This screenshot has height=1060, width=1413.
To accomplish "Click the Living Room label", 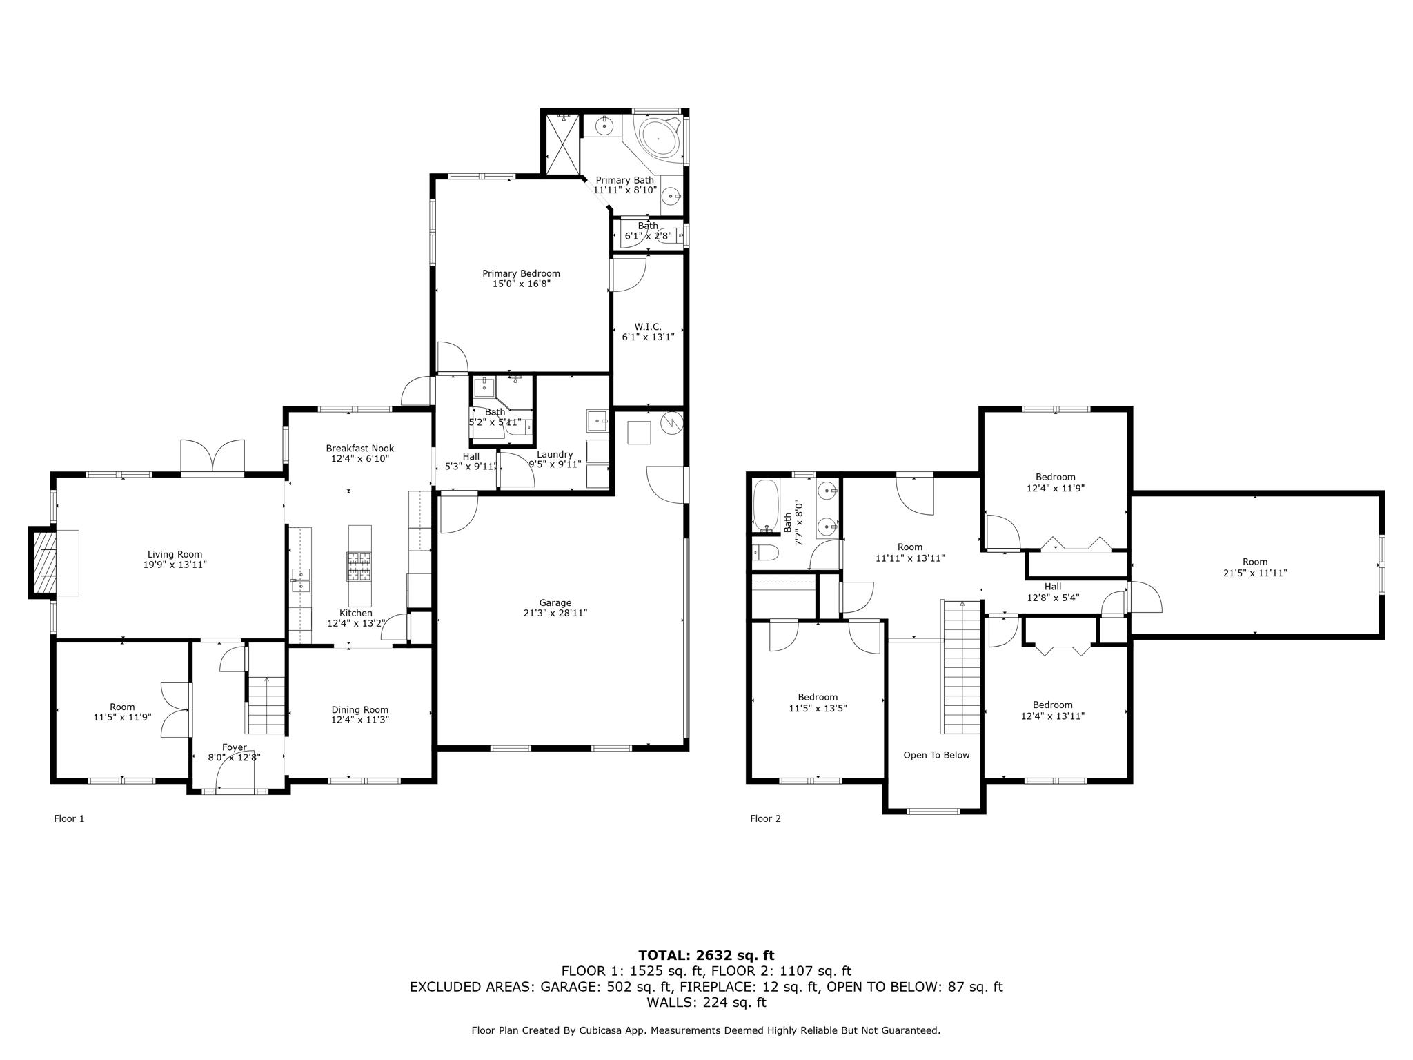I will coord(175,554).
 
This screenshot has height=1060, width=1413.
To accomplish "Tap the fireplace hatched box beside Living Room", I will coord(42,562).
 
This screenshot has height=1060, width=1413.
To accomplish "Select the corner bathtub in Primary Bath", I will coord(658,139).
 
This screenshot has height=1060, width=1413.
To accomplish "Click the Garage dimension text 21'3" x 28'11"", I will coord(555,613).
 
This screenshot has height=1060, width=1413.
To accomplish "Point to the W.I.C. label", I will coord(647,326).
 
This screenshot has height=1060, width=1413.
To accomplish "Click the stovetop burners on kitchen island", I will coord(359,566).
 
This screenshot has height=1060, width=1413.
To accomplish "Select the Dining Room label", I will coord(359,709).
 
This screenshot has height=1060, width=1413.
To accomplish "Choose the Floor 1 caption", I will coord(69,818).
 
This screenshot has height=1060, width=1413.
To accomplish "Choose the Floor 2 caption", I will coord(765,818).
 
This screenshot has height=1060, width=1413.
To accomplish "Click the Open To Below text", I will coord(936,755).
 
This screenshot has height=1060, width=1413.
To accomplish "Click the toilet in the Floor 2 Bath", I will coord(765,553).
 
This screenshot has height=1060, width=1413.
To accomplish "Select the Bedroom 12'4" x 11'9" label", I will coord(1055,482).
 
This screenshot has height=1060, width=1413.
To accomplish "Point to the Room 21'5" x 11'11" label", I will coord(1255,567).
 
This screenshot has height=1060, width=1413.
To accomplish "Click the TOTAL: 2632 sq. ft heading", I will coord(706,955).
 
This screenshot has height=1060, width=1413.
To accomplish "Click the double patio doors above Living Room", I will coord(213,457).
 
